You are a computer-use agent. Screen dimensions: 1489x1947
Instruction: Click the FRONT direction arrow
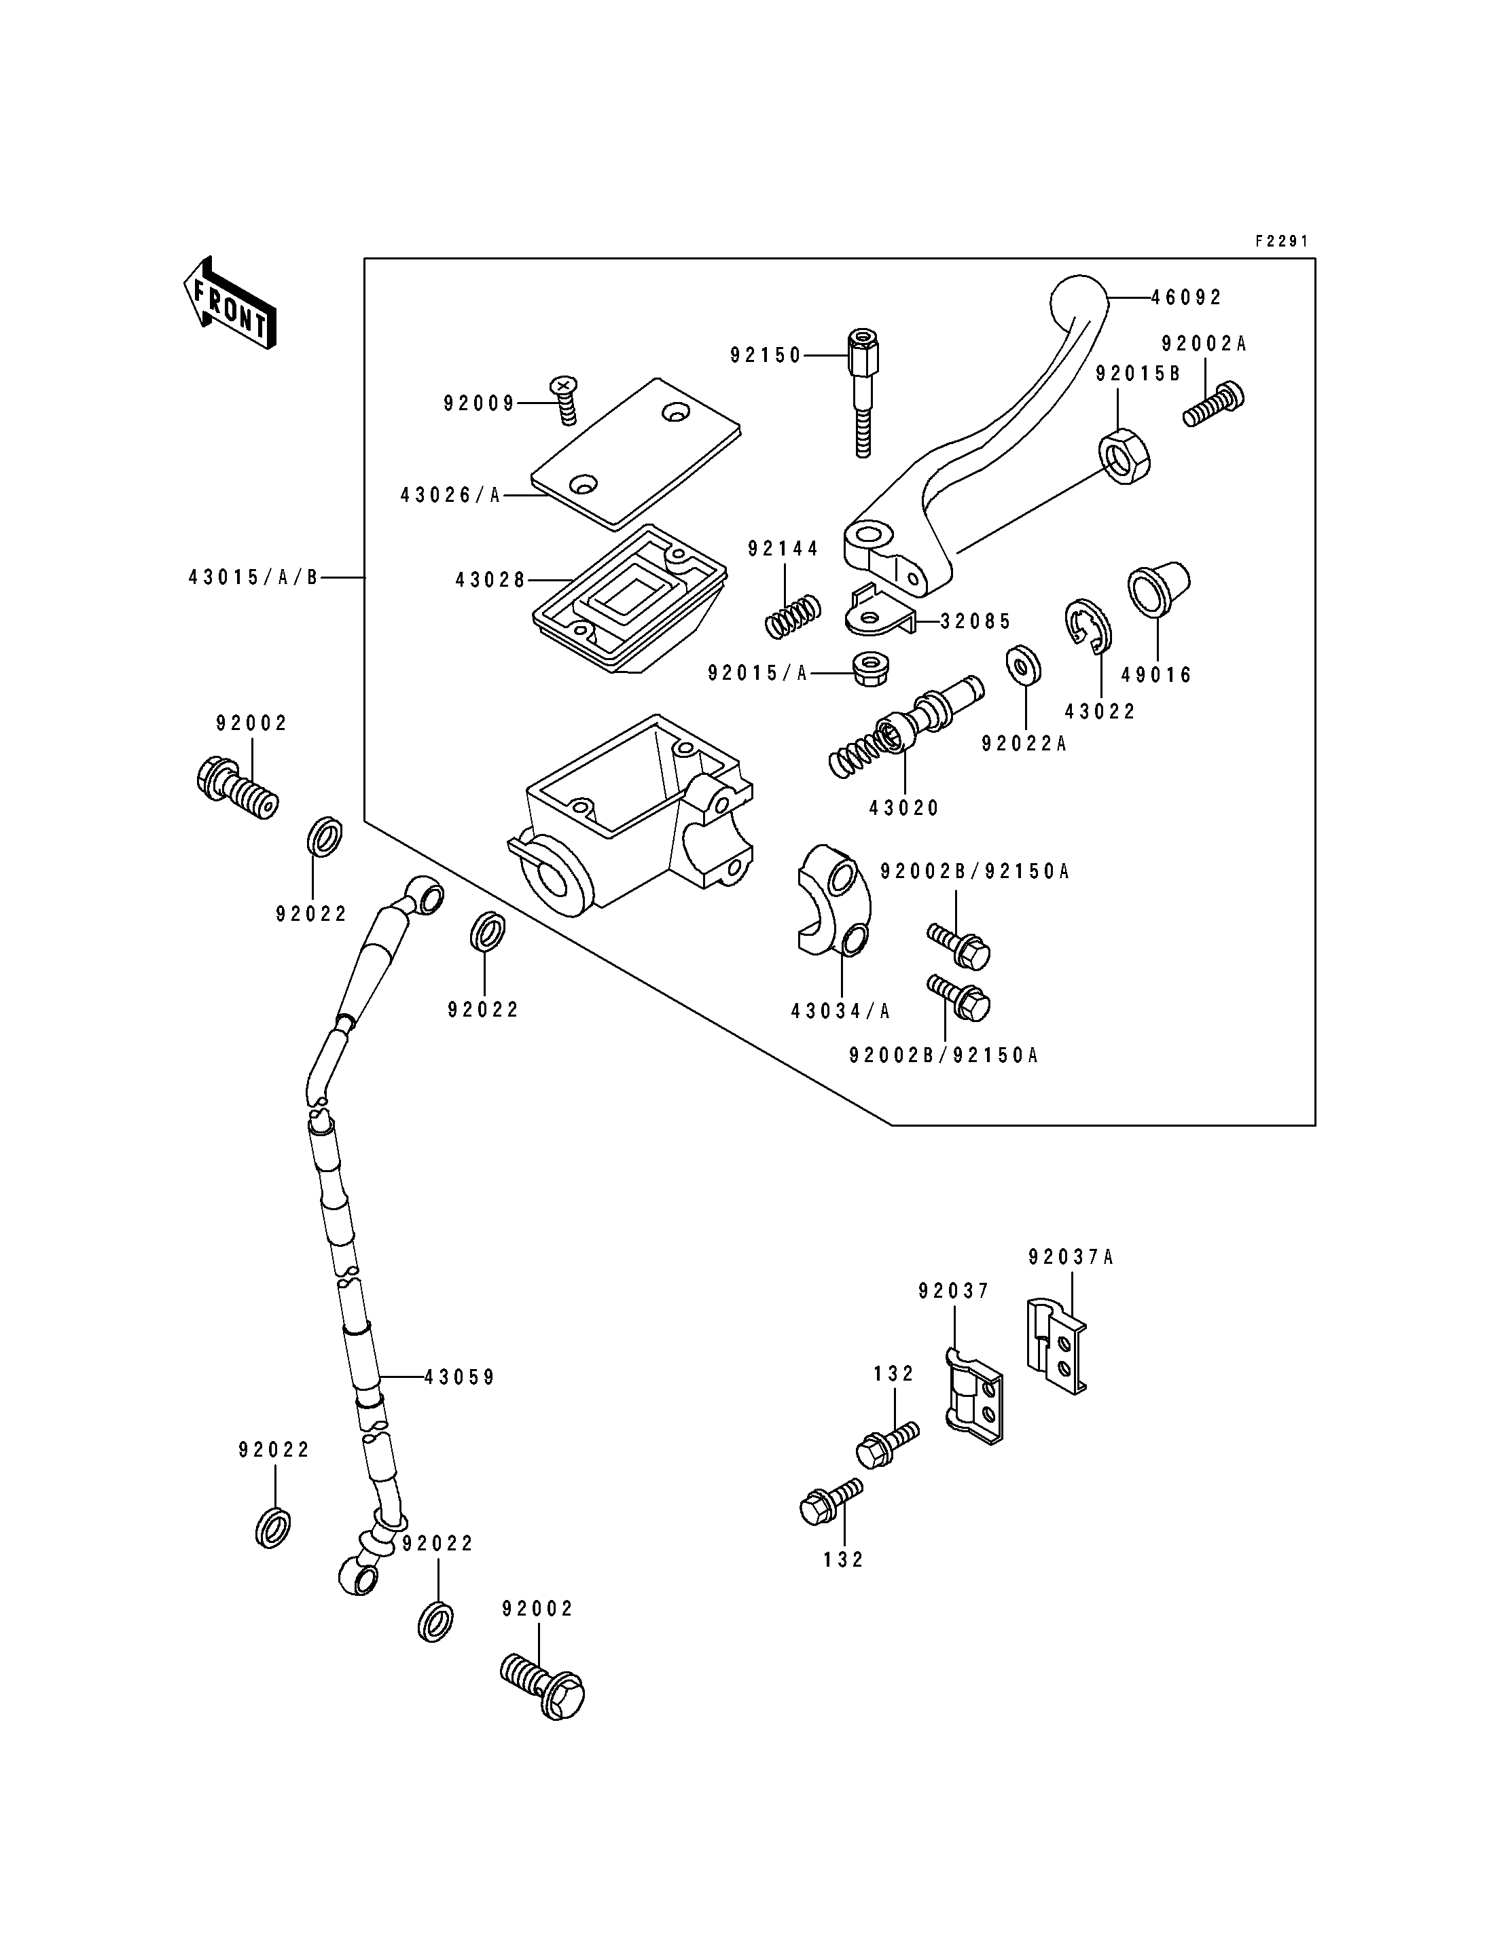coord(229,302)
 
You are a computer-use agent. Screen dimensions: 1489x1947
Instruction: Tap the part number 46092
coord(1187,297)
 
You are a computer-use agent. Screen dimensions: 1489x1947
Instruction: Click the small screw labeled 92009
coord(564,400)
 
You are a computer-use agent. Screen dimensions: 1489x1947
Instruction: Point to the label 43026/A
coord(450,495)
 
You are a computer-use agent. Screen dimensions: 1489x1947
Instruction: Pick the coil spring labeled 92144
coord(792,615)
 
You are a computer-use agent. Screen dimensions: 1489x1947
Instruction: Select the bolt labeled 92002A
coord(1213,404)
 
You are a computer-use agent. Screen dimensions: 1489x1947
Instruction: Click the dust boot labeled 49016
coord(1158,588)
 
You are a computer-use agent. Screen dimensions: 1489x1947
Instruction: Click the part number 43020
coord(904,808)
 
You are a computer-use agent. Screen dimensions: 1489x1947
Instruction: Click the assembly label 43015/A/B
coord(253,578)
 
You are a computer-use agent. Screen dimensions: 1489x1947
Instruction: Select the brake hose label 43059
coord(459,1377)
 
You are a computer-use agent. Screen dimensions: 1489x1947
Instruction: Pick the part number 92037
coord(954,1291)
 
